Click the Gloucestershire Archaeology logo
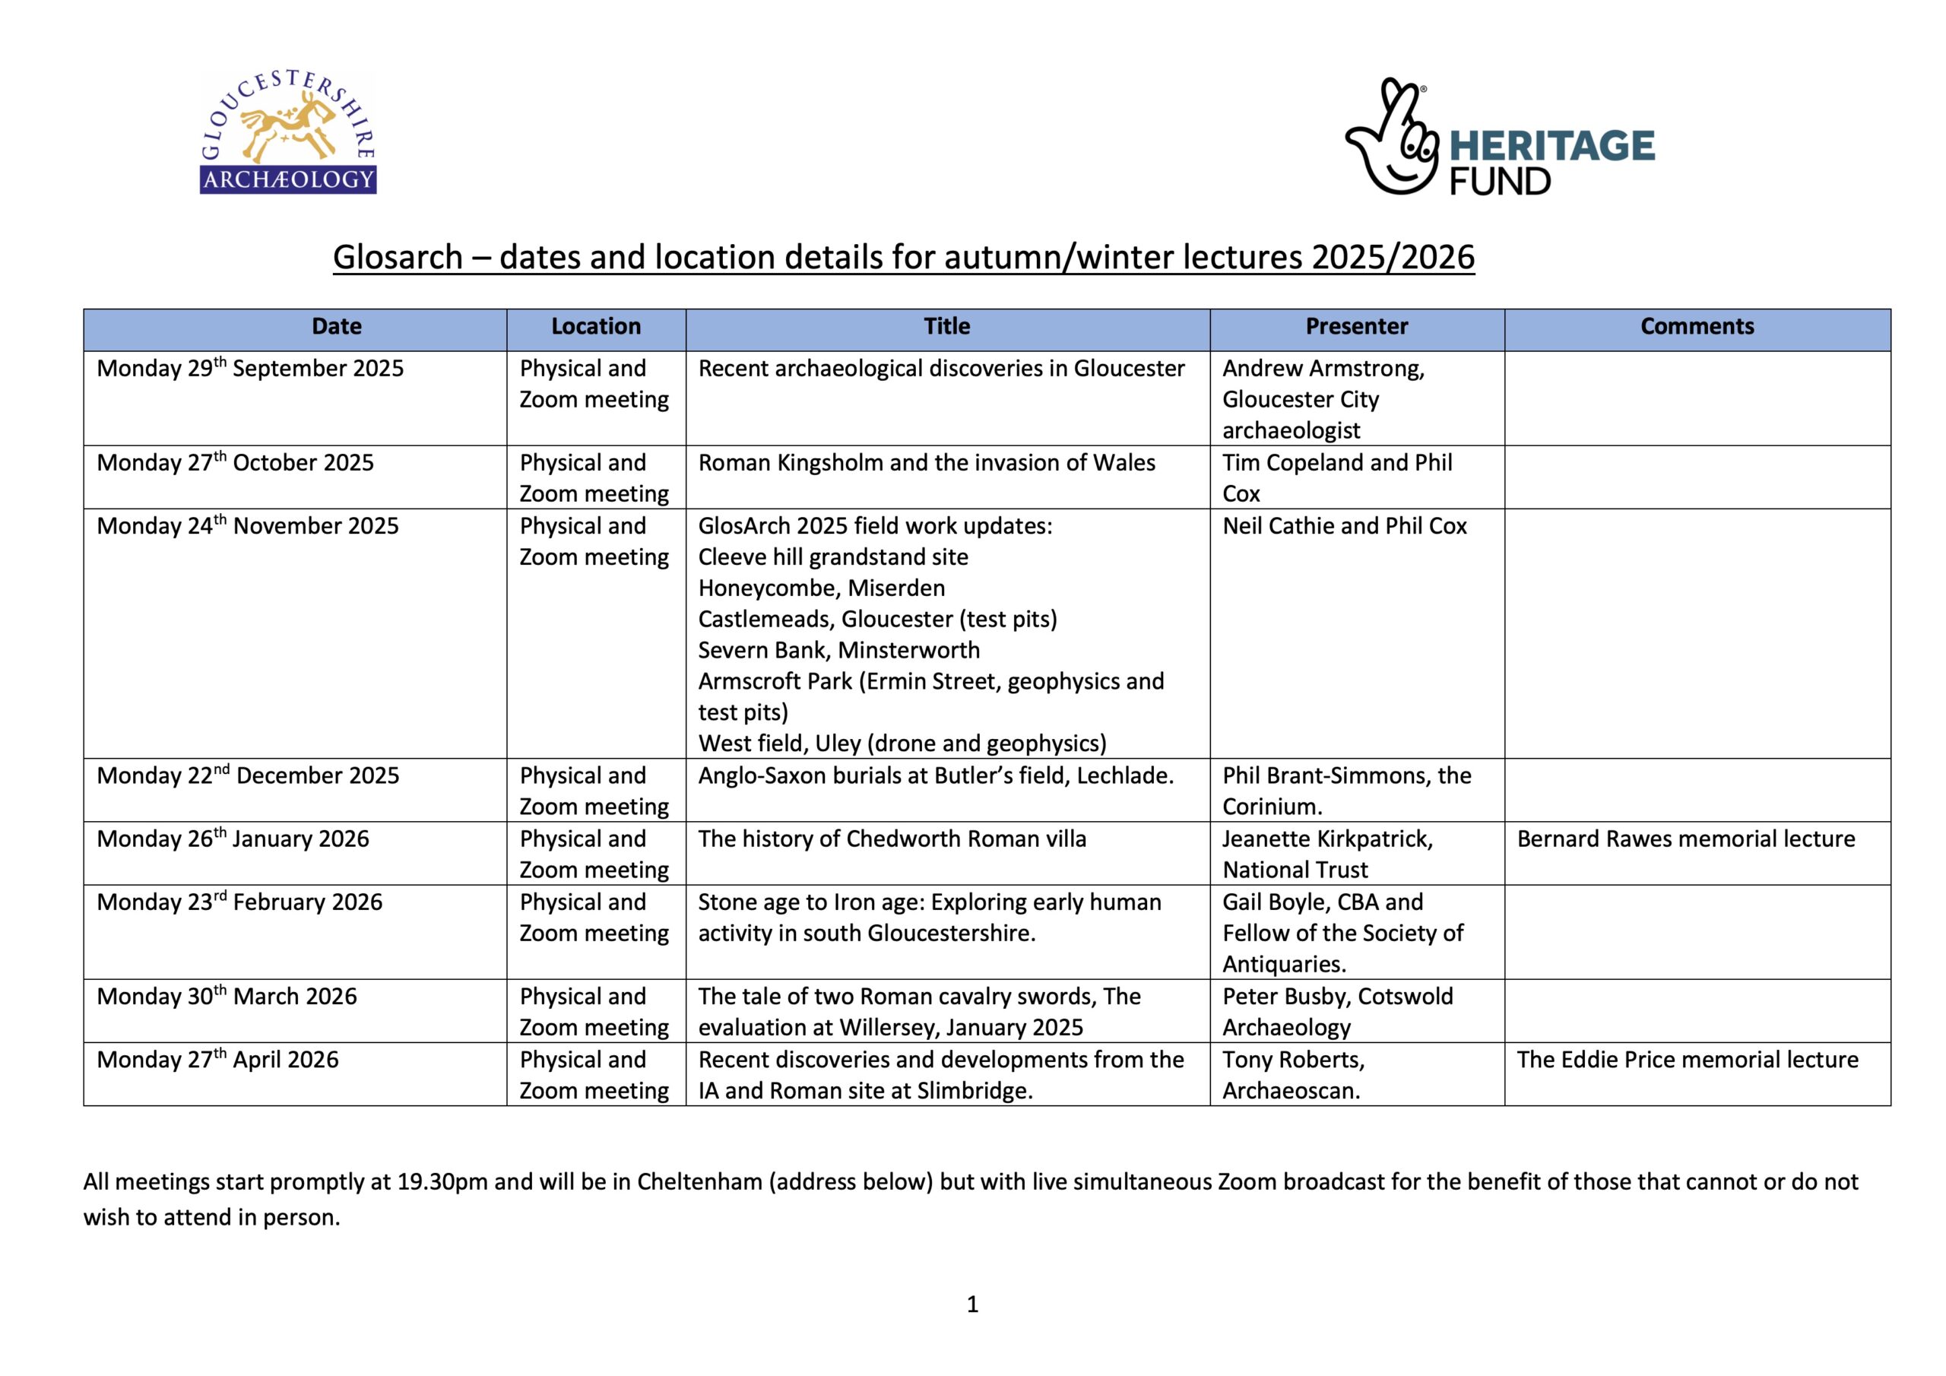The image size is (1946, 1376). [x=287, y=133]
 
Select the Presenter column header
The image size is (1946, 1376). [x=1356, y=327]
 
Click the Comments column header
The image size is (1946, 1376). [x=1697, y=327]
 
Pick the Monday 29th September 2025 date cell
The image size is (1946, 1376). [x=250, y=369]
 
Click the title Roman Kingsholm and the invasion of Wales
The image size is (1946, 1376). [x=927, y=463]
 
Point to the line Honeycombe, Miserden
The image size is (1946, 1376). [x=821, y=588]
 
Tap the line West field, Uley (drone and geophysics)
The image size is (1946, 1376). [x=902, y=743]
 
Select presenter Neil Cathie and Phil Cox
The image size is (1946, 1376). [x=1344, y=527]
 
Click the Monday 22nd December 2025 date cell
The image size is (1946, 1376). [x=248, y=775]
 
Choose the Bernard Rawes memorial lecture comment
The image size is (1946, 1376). [x=1686, y=839]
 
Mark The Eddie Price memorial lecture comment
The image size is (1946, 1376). [x=1688, y=1060]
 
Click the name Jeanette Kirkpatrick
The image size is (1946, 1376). [x=1327, y=839]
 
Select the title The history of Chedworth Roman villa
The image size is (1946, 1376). [x=892, y=839]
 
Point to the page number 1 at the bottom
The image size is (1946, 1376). [x=972, y=1304]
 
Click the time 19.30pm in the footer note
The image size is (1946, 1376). [x=442, y=1182]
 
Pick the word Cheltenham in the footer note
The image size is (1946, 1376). [x=699, y=1182]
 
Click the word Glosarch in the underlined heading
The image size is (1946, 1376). [x=398, y=258]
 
